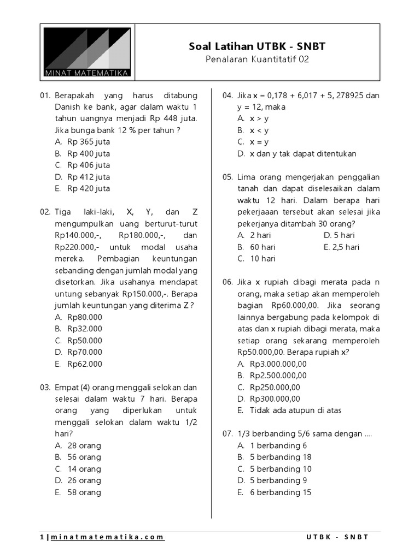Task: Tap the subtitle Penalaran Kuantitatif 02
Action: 257,60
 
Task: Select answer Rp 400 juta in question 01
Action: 89,153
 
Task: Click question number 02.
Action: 45,212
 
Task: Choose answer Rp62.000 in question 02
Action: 85,364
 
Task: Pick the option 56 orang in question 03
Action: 84,457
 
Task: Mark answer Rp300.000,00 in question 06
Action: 275,399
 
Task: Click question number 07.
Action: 227,434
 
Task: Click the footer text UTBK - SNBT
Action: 338,537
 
